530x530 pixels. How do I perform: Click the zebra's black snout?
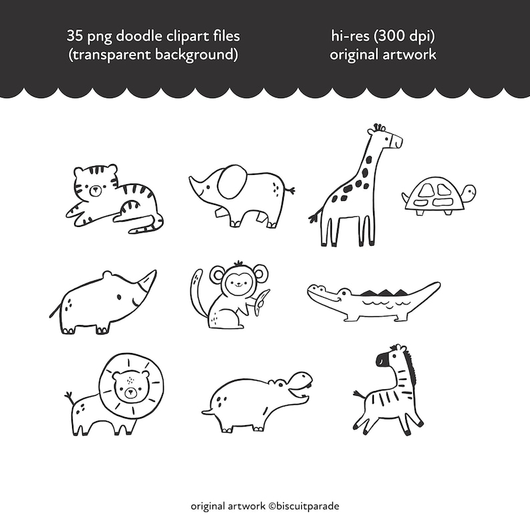(382, 361)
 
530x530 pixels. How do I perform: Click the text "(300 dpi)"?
(407, 35)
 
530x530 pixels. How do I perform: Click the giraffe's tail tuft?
(312, 217)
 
